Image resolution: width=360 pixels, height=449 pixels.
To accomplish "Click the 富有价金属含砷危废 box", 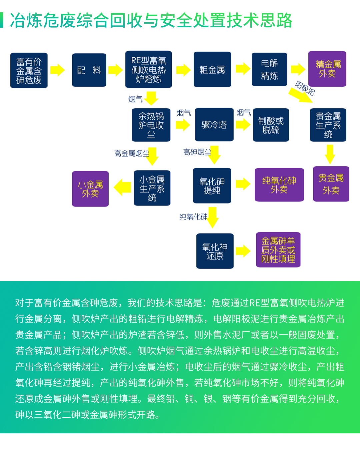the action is [29, 70].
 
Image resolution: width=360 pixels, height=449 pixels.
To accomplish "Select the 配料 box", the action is [89, 70].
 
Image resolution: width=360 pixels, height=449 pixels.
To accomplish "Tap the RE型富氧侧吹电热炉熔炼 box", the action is [148, 69].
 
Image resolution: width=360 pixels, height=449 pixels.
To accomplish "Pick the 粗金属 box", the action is [212, 69].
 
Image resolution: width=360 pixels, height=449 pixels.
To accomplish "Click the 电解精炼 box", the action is [269, 69].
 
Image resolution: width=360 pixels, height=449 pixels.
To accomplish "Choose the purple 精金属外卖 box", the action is [327, 69].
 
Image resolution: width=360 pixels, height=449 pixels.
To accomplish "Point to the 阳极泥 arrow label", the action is [305, 88].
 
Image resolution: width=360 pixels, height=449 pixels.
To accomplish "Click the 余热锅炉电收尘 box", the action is [151, 125].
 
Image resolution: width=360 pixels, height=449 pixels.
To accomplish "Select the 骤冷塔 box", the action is [214, 125].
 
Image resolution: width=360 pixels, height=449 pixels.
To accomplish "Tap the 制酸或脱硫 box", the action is [271, 125].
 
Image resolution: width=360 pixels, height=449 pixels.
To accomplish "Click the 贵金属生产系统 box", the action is [328, 125].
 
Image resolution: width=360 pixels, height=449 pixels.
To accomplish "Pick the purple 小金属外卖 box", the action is [90, 189].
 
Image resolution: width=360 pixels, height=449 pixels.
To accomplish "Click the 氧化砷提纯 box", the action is [212, 186].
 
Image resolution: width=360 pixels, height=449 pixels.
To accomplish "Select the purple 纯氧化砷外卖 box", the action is [279, 185].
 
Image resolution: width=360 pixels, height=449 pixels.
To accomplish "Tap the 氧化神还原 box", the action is [215, 251].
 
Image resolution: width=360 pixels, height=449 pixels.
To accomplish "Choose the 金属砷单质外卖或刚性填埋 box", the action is [278, 250].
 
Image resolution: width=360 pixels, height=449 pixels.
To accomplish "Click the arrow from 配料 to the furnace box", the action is [115, 70].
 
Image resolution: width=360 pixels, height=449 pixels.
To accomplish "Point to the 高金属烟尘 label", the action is [132, 154].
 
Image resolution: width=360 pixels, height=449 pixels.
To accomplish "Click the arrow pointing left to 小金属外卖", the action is [122, 187].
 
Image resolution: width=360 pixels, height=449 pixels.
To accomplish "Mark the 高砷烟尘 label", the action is [197, 152].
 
